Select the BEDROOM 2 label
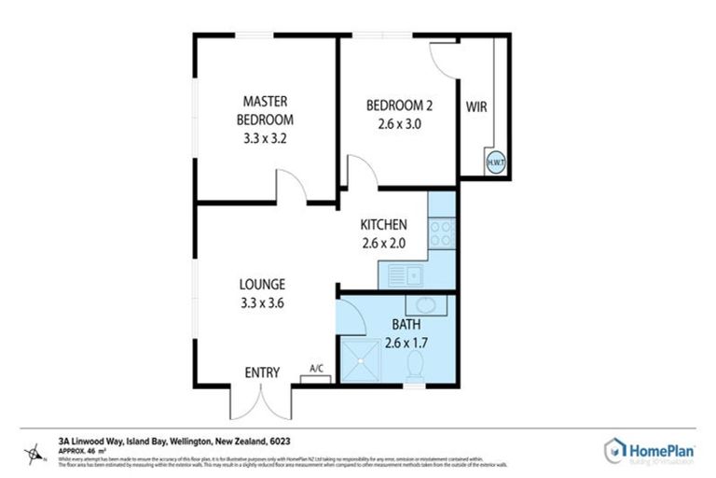[398, 105]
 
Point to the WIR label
[476, 106]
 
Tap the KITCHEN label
[383, 225]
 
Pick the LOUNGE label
[262, 284]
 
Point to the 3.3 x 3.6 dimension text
[262, 302]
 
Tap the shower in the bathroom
[360, 360]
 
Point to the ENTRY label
[262, 373]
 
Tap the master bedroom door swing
[293, 187]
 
